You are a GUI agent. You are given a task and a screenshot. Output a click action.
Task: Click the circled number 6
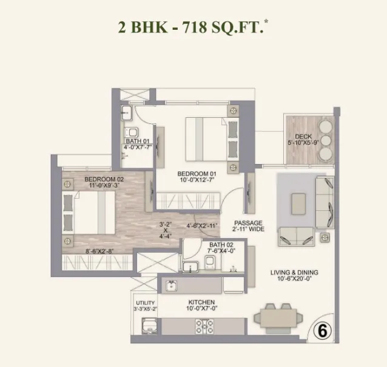[323, 331]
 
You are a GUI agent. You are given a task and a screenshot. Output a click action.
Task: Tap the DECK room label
[303, 136]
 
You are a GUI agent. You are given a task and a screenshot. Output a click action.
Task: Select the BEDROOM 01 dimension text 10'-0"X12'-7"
[197, 180]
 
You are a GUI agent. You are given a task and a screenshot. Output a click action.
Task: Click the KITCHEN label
[201, 302]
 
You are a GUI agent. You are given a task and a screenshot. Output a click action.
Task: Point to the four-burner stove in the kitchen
[204, 326]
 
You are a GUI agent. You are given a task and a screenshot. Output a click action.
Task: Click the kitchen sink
[170, 286]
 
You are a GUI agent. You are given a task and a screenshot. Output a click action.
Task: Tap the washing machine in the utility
[149, 326]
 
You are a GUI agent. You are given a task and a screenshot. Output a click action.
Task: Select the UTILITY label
[146, 303]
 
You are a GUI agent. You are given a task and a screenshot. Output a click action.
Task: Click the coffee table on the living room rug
[298, 204]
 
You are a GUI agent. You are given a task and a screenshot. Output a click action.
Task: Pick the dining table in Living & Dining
[278, 318]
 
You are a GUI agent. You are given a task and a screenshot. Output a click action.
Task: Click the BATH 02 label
[221, 245]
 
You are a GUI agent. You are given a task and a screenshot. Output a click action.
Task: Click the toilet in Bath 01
[132, 132]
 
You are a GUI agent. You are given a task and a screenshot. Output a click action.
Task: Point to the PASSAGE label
[248, 223]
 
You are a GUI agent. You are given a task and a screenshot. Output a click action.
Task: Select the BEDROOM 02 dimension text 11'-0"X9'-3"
[104, 185]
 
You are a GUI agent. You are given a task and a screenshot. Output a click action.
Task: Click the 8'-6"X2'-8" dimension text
[99, 252]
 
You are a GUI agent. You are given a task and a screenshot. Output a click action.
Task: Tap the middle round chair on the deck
[326, 140]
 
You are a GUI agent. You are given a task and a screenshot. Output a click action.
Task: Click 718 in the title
[194, 27]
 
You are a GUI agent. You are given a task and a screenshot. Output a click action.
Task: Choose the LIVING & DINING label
[294, 273]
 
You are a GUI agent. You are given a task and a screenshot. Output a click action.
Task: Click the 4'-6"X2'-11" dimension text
[202, 226]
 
